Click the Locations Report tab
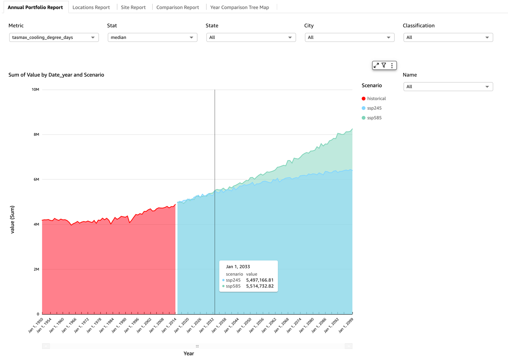[x=91, y=7]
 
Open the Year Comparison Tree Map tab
[x=239, y=7]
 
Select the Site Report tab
[x=133, y=7]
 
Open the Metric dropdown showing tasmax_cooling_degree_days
[x=54, y=37]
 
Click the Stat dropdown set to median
[x=152, y=37]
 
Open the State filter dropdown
[x=251, y=37]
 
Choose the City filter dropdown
[x=349, y=37]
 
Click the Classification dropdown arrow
[x=487, y=38]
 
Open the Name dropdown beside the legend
[x=448, y=87]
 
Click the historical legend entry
[x=376, y=99]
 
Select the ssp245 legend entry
[x=374, y=108]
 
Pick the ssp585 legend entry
[x=374, y=118]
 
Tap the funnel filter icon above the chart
[x=384, y=65]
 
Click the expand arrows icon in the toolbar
[x=376, y=65]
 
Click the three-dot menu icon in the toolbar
[x=392, y=65]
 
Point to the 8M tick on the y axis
[x=36, y=134]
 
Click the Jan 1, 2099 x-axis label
[x=346, y=325]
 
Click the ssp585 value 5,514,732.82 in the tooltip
[x=260, y=286]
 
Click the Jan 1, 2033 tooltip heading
[x=238, y=267]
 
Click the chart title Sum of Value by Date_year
[x=56, y=75]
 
